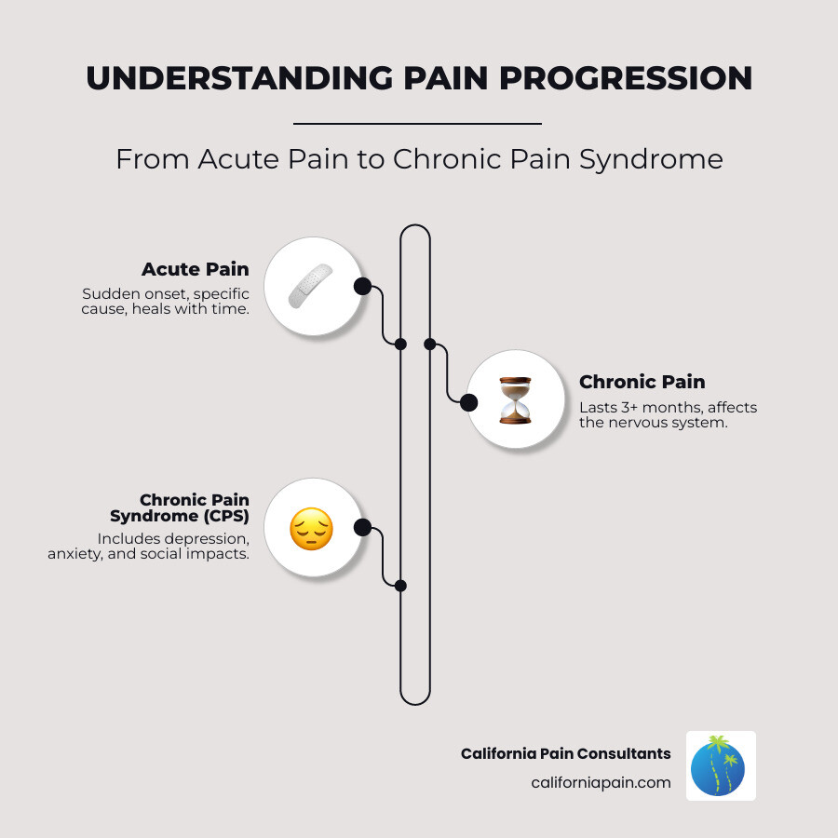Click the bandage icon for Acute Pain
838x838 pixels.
pos(311,286)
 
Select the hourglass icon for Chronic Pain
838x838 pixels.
pos(514,399)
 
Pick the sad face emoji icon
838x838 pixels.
pos(311,528)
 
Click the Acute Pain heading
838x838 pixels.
pos(195,269)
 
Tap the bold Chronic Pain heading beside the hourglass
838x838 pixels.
pos(642,382)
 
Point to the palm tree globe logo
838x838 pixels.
pos(721,765)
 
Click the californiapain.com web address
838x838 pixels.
pos(601,782)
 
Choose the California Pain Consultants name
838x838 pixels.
pos(565,753)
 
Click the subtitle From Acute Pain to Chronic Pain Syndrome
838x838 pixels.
pos(419,159)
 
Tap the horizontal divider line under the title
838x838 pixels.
pos(417,123)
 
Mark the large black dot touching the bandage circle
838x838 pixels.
pos(362,286)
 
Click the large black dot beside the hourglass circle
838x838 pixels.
pos(468,402)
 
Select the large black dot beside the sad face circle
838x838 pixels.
pos(362,528)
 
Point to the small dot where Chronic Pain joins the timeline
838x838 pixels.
pos(430,344)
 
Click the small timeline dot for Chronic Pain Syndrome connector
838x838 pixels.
pos(400,586)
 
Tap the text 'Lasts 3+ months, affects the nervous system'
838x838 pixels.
pos(668,415)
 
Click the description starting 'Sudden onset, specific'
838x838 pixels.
pos(165,302)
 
